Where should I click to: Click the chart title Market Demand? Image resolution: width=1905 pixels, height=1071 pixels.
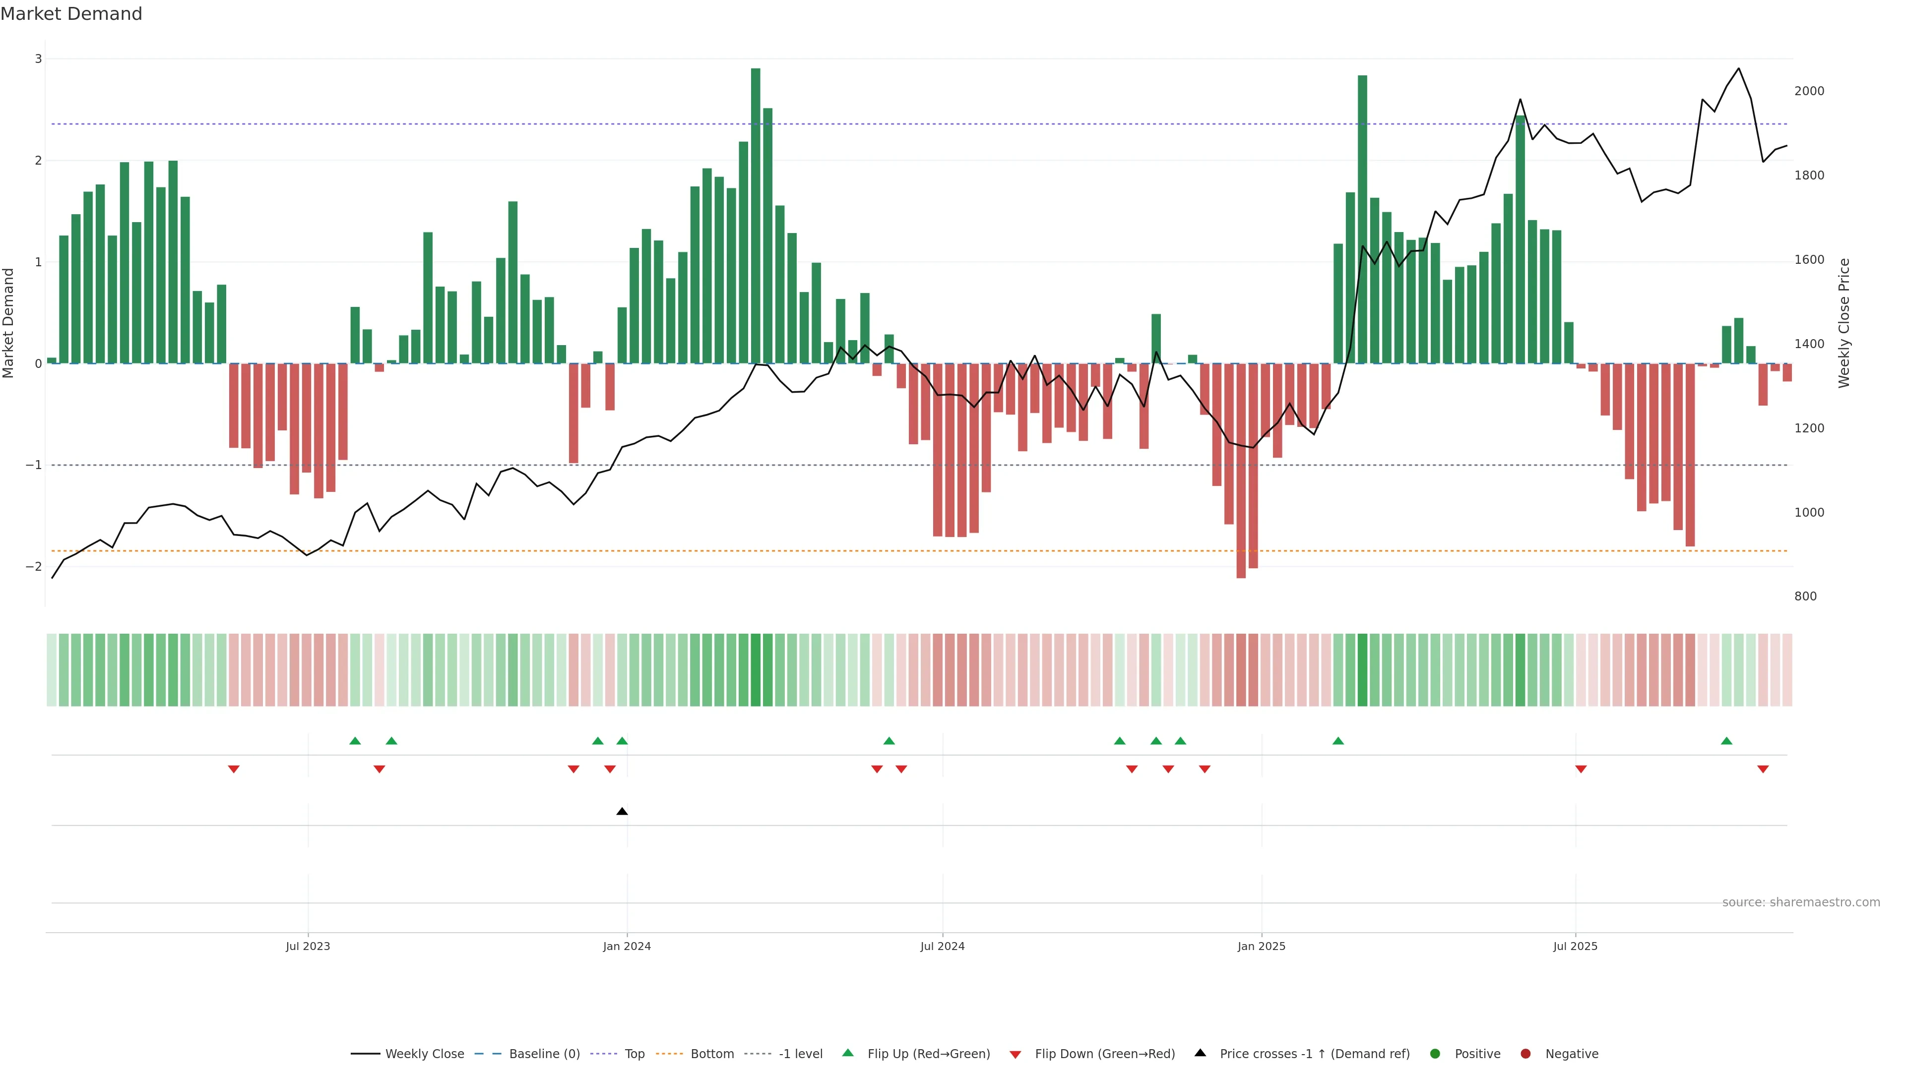pyautogui.click(x=71, y=14)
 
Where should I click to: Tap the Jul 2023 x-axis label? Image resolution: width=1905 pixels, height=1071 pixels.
pyautogui.click(x=308, y=946)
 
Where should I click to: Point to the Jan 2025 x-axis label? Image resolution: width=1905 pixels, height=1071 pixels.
pyautogui.click(x=1261, y=946)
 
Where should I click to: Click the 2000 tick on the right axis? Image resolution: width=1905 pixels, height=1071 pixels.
pyautogui.click(x=1809, y=91)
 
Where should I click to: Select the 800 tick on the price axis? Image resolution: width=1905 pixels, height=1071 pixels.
pyautogui.click(x=1805, y=596)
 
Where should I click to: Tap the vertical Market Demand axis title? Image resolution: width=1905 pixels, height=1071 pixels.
pyautogui.click(x=9, y=323)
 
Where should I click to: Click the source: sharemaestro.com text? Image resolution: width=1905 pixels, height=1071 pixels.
pyautogui.click(x=1801, y=902)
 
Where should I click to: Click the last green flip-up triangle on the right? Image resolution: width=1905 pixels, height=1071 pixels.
pyautogui.click(x=1726, y=741)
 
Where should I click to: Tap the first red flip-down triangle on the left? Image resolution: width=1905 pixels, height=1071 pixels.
pyautogui.click(x=234, y=770)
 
